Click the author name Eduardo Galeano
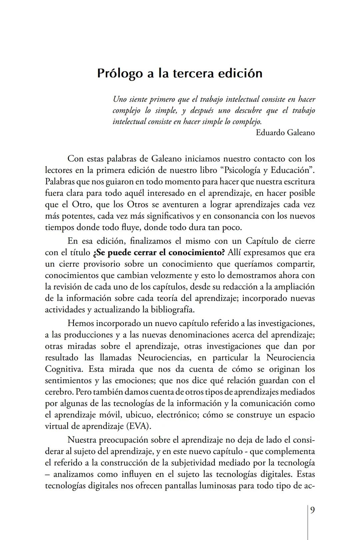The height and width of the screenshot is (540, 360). (x=285, y=133)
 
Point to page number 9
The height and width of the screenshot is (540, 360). (x=312, y=510)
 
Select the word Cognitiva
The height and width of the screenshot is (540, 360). (x=63, y=369)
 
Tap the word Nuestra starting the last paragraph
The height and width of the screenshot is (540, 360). (x=82, y=440)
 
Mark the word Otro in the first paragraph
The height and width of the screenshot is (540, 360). (x=79, y=205)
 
